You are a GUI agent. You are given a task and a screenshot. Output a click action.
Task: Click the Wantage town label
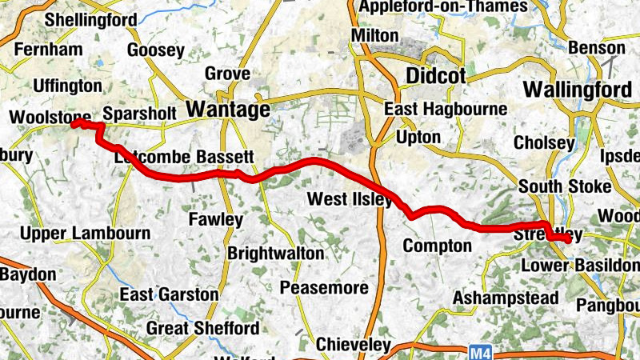[x=227, y=109]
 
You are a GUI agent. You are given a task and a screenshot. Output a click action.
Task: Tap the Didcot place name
[x=435, y=76]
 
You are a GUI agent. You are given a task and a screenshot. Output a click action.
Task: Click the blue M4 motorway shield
[x=478, y=350]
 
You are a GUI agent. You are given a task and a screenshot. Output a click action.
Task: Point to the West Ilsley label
[x=350, y=198]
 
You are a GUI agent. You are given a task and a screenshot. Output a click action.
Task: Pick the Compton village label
[x=437, y=246]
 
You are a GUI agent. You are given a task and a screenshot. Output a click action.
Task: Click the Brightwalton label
[x=276, y=254]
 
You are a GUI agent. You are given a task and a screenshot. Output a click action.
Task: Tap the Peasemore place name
[x=325, y=287]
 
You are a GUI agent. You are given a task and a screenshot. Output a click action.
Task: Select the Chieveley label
[x=353, y=344]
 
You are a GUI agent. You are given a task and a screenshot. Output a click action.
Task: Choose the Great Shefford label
[x=202, y=328]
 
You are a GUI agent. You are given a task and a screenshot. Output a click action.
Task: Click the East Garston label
[x=169, y=294]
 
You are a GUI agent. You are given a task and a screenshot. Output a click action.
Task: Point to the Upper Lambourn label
[x=85, y=234]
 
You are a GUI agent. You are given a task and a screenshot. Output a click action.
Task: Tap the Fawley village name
[x=215, y=218]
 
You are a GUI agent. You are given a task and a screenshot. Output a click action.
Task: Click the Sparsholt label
[x=139, y=114]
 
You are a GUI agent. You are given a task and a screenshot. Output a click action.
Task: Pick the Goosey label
[x=155, y=50]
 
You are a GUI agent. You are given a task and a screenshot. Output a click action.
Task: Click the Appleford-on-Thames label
[x=443, y=7]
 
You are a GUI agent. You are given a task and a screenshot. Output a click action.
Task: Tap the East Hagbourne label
[x=446, y=109]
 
